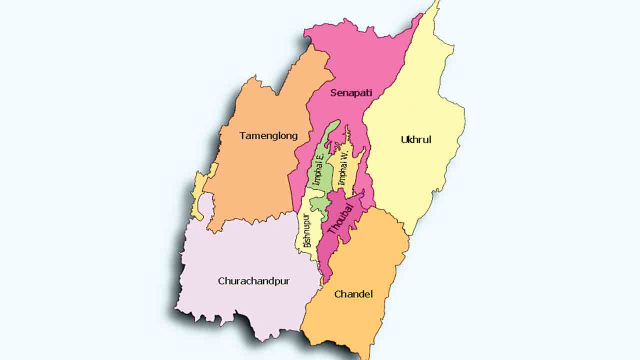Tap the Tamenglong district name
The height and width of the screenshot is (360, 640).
tap(268, 135)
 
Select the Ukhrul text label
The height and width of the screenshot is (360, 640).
tap(416, 139)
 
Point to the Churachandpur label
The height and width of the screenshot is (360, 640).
tap(253, 281)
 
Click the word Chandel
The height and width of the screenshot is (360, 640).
tap(353, 294)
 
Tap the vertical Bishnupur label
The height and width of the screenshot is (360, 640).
tap(307, 231)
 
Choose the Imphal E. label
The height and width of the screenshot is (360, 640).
tap(318, 170)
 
